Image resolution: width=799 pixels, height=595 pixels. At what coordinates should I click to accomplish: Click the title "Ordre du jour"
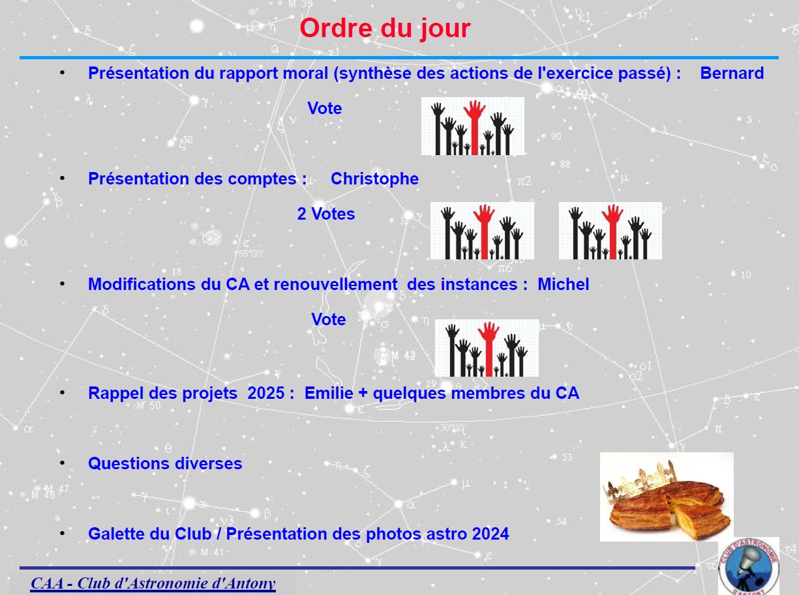click(385, 29)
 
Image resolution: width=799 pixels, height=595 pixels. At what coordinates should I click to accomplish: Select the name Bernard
click(732, 73)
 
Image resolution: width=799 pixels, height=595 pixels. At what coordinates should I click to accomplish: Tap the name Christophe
click(374, 179)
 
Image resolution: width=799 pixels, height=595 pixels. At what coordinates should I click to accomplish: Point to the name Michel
click(563, 284)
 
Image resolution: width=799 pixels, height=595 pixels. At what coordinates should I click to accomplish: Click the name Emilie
click(329, 393)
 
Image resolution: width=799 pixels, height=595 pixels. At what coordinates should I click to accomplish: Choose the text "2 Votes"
click(325, 214)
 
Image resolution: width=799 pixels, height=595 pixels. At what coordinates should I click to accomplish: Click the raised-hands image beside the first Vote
click(473, 126)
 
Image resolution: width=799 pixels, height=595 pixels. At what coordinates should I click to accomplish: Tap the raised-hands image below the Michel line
click(487, 348)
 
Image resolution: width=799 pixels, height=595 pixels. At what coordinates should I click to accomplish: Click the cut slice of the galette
click(701, 521)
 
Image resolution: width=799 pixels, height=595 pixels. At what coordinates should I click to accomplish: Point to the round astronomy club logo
click(749, 566)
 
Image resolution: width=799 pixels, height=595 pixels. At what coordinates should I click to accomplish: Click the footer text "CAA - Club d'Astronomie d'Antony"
click(153, 583)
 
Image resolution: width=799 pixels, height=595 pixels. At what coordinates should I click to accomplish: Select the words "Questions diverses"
click(165, 464)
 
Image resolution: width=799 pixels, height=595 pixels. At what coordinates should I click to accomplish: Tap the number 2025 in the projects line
click(265, 393)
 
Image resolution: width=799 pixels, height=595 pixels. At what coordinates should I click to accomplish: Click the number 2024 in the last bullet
click(490, 534)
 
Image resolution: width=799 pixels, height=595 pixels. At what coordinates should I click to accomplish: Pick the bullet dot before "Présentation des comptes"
click(62, 179)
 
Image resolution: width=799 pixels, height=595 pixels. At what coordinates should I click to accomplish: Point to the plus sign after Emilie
click(363, 394)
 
